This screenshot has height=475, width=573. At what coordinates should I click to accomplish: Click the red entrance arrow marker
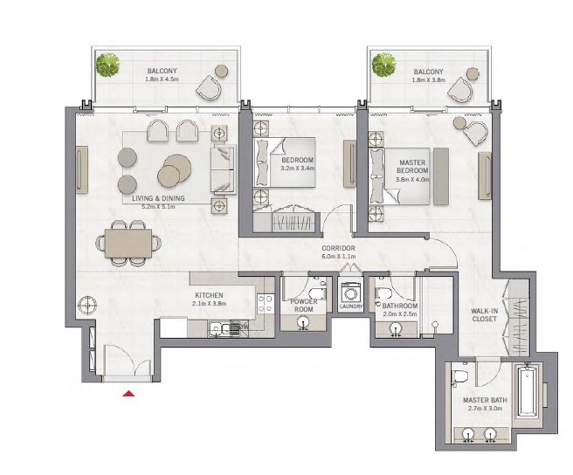(129, 396)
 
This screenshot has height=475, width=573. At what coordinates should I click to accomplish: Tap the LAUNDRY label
(351, 306)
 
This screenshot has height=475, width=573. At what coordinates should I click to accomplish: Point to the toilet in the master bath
(462, 375)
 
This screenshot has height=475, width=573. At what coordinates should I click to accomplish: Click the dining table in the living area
(128, 244)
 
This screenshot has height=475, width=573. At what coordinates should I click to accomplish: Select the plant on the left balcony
(108, 64)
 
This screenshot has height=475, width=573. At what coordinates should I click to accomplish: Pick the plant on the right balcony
(383, 64)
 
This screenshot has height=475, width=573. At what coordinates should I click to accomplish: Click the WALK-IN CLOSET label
(484, 315)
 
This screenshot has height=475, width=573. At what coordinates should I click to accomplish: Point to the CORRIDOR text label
(336, 249)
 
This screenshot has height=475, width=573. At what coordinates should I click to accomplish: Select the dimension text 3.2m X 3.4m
(297, 169)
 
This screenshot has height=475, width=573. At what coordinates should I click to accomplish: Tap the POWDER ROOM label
(303, 305)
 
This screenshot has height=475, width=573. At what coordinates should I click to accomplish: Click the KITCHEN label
(209, 295)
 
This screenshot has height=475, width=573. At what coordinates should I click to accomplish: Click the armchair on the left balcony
(211, 86)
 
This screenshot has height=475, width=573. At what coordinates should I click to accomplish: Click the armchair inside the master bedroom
(475, 133)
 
